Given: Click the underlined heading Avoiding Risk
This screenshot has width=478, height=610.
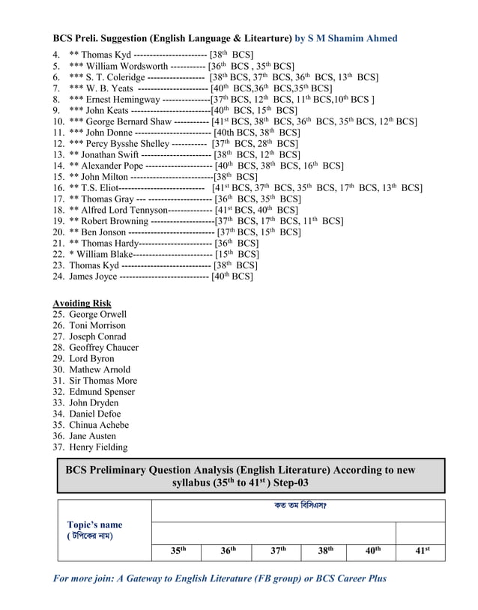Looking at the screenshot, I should (x=82, y=303).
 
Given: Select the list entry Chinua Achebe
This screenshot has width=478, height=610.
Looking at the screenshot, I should (x=99, y=425).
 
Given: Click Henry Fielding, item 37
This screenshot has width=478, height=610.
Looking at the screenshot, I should (x=98, y=447).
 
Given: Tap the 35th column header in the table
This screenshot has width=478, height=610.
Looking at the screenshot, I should (x=178, y=551).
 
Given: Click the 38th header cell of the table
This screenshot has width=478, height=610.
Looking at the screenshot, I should (x=325, y=551).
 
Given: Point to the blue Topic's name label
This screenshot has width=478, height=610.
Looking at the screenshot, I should (x=95, y=525).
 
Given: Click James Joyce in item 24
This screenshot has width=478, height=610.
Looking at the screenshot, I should (x=93, y=277).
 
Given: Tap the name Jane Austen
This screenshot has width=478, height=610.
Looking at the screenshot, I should (x=93, y=436).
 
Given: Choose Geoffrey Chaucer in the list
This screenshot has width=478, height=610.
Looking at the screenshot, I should (x=103, y=347).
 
